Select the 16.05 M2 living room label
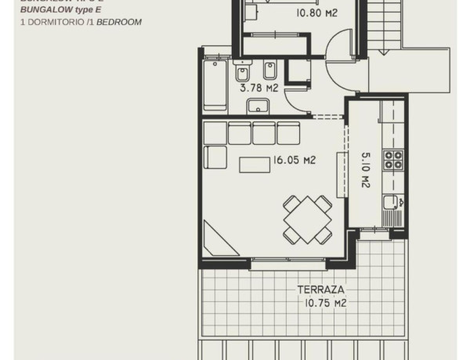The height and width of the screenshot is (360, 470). click(294, 160)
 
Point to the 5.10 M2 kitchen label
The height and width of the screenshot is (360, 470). click(365, 170)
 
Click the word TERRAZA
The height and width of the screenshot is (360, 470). click(320, 290)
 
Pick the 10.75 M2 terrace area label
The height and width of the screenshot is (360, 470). click(322, 303)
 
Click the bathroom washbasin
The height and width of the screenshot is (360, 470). click(261, 106)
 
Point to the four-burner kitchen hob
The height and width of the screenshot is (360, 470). click(392, 160)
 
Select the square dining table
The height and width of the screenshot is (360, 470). click(307, 219)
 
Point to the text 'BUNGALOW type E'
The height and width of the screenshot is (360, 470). click(60, 11)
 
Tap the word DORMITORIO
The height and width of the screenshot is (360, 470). click(52, 23)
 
